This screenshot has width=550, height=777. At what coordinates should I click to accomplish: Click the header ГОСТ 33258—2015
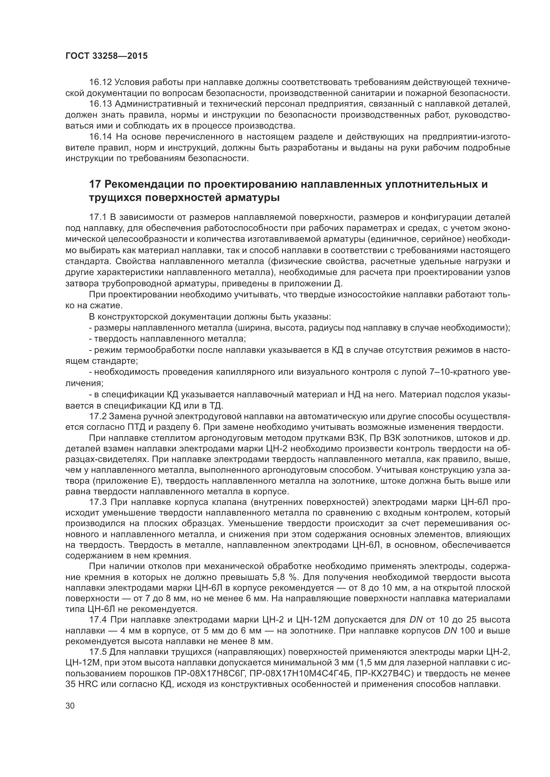pyautogui.click(x=106, y=56)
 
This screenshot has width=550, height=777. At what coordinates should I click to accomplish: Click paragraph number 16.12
pyautogui.click(x=100, y=82)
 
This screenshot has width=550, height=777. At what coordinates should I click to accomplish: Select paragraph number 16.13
pyautogui.click(x=100, y=104)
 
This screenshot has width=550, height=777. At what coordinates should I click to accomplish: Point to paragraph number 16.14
pyautogui.click(x=100, y=137)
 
